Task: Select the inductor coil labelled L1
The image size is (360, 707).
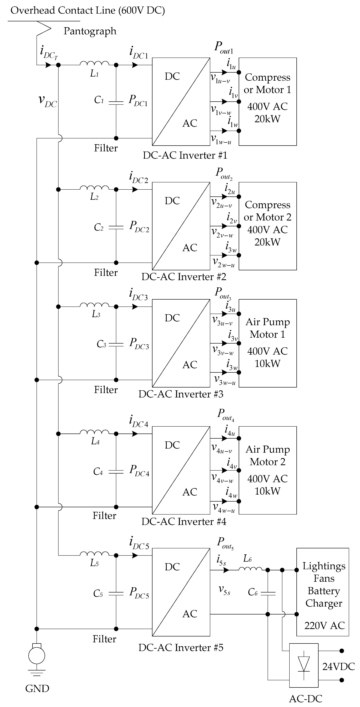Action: click(x=94, y=64)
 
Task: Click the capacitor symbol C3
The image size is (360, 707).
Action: click(x=116, y=344)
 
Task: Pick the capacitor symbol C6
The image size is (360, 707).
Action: click(x=268, y=594)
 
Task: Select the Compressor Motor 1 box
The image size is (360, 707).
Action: click(x=267, y=102)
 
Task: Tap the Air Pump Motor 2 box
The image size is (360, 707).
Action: click(x=267, y=470)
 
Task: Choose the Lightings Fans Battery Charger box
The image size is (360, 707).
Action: click(x=322, y=592)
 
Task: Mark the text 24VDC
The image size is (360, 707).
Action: click(x=338, y=666)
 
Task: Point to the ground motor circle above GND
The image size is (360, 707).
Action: click(x=37, y=656)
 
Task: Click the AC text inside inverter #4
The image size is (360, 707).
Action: click(x=190, y=492)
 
